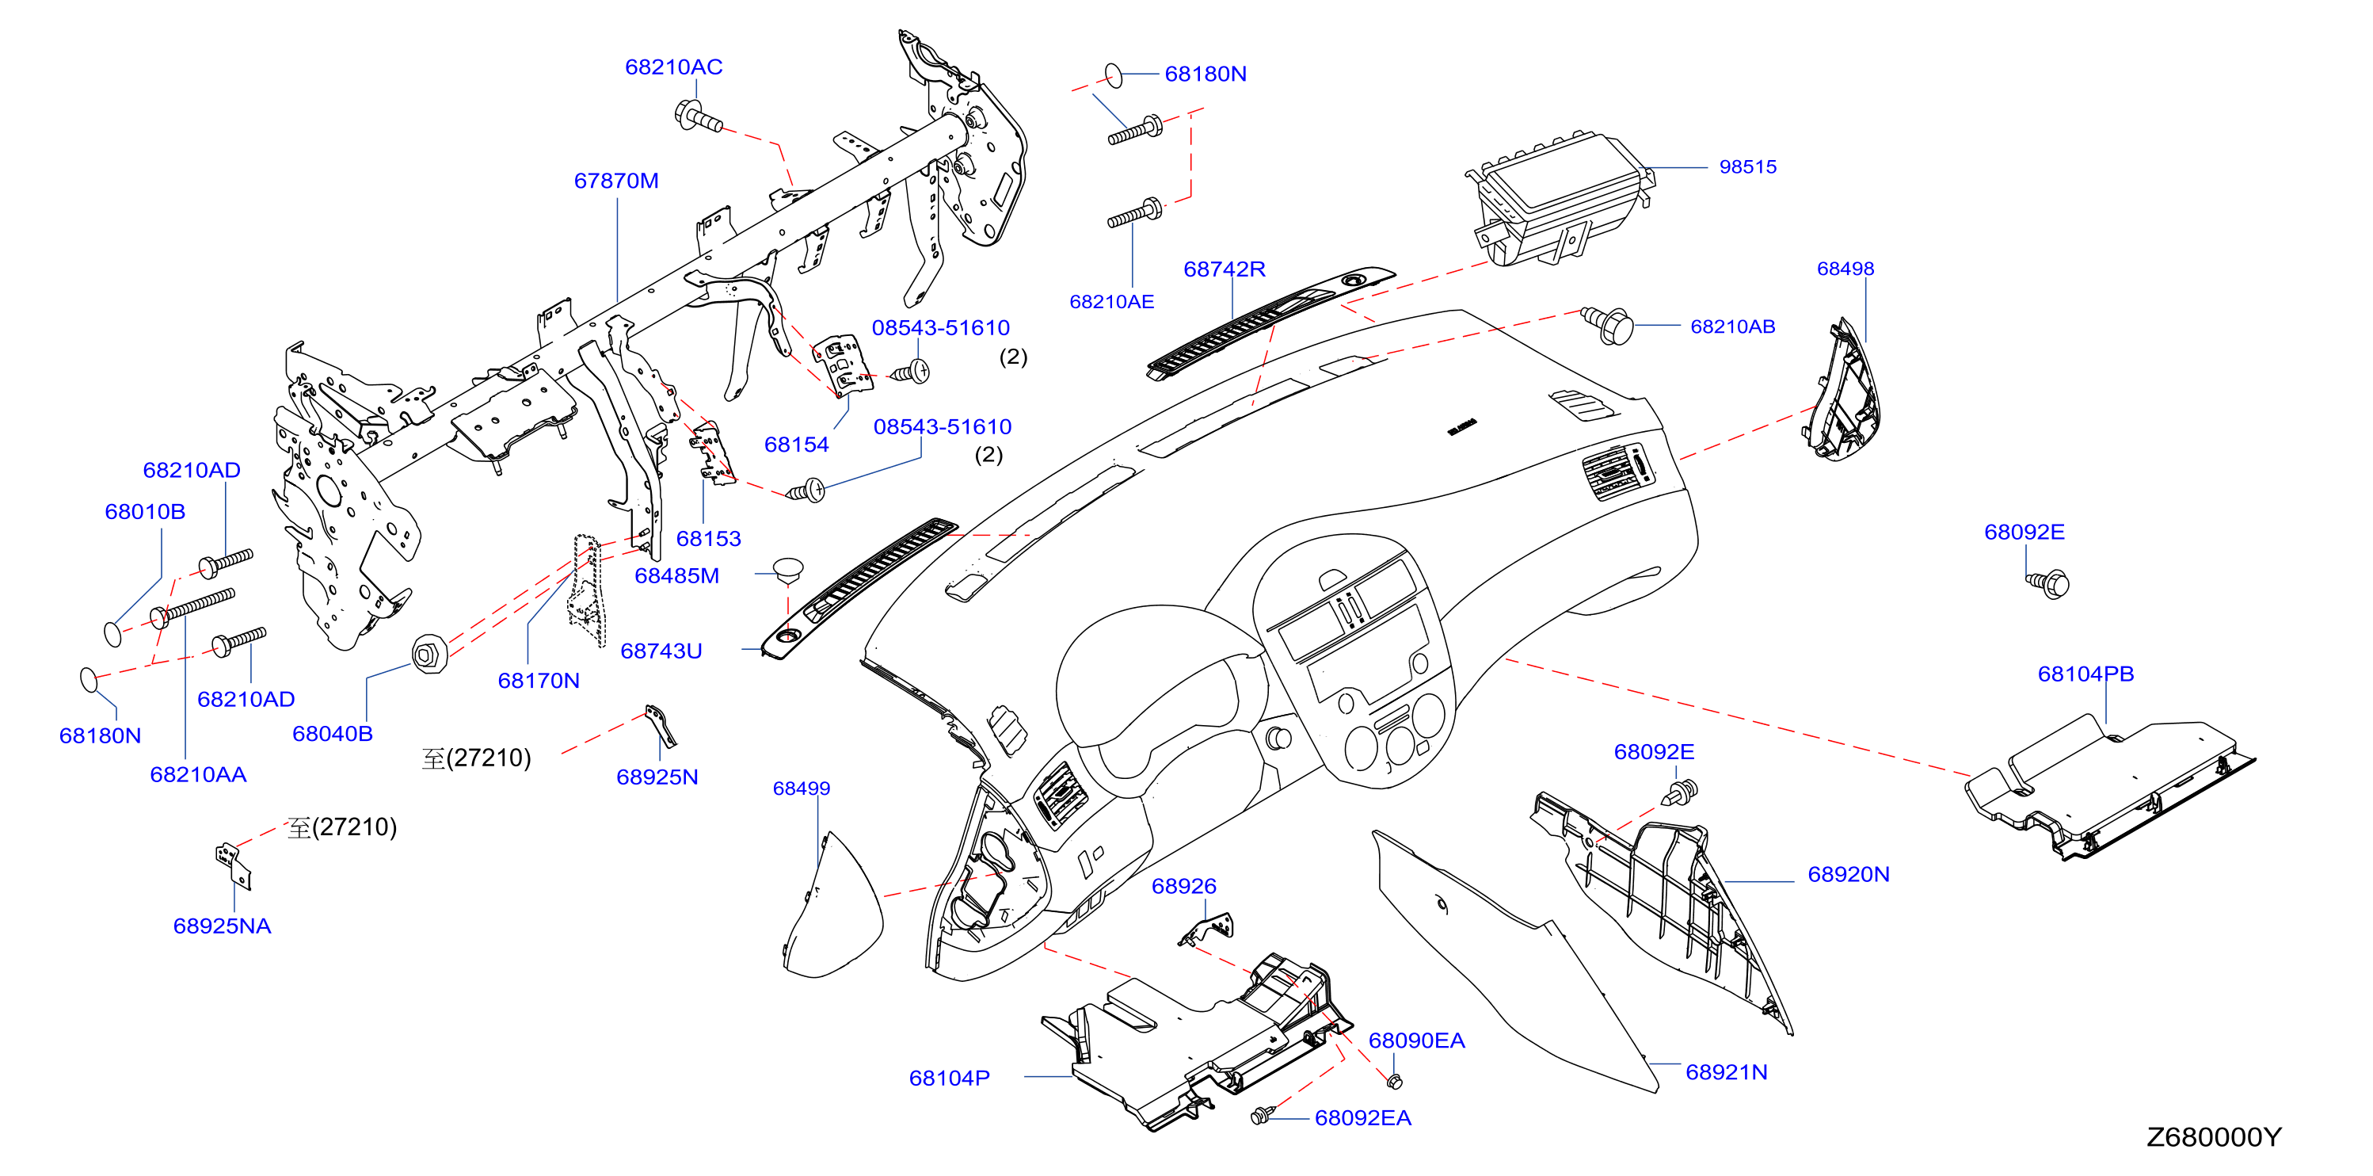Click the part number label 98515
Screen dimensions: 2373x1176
[1747, 167]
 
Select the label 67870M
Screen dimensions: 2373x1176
[615, 181]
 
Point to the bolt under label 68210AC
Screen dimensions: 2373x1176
[699, 117]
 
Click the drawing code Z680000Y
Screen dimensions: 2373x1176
[2214, 1137]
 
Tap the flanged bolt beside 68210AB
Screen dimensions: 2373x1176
[1608, 324]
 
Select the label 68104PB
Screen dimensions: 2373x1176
[2085, 674]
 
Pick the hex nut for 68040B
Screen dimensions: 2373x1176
[429, 654]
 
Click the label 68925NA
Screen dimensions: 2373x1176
[222, 926]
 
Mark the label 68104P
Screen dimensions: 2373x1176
[949, 1079]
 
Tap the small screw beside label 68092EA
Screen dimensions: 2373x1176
[1261, 1115]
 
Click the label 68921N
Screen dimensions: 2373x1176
[1727, 1072]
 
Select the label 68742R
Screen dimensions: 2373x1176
[1225, 269]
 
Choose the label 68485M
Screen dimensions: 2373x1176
[676, 576]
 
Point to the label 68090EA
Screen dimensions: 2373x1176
[1416, 1040]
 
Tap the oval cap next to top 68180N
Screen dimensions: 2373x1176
[1114, 74]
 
